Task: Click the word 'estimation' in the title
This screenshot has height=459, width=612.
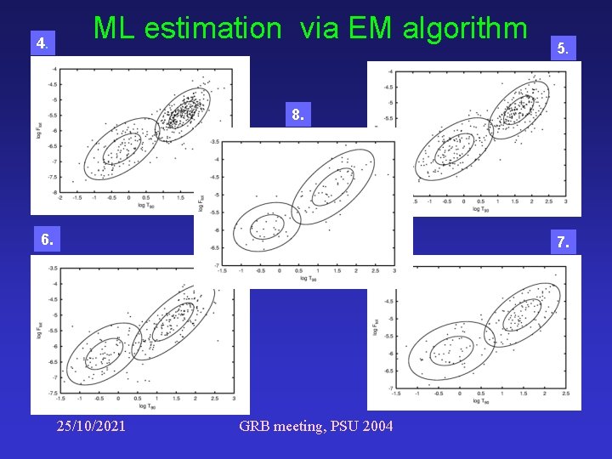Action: [x=212, y=28]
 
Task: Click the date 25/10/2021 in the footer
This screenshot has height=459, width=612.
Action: [x=90, y=425]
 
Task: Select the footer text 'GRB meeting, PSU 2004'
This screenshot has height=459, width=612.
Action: [x=316, y=425]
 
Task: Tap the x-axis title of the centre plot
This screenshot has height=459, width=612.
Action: [x=308, y=279]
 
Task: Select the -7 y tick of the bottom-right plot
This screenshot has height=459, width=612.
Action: [x=388, y=388]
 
